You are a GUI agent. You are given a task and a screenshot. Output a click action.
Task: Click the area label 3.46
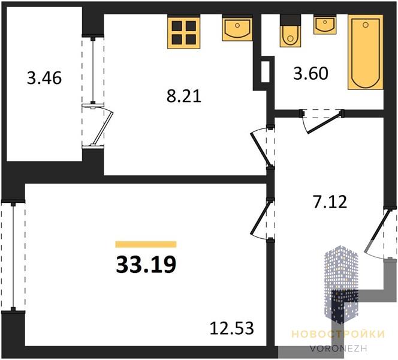[44, 78]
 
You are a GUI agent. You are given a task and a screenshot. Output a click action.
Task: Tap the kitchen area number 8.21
[184, 96]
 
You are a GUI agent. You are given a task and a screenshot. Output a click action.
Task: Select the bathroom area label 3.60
[311, 73]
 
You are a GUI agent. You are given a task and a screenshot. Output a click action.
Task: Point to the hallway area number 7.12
[330, 202]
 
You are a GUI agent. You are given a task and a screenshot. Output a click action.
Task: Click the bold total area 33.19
[146, 265]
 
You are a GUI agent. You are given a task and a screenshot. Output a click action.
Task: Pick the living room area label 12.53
[232, 328]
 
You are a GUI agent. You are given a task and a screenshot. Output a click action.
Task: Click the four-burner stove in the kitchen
[184, 32]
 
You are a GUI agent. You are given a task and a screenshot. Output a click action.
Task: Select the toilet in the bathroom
[290, 31]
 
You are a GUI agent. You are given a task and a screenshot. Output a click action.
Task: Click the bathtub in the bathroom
[366, 52]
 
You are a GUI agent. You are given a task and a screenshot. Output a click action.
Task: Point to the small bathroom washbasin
[325, 25]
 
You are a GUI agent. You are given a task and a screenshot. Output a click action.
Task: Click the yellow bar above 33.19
[146, 244]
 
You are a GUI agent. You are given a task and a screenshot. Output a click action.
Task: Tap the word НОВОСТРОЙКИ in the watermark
[338, 334]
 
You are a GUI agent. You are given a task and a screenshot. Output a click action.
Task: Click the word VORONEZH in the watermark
[338, 348]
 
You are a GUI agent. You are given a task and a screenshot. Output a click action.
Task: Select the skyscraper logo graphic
[342, 284]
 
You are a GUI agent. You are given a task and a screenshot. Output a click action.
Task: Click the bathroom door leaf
[324, 124]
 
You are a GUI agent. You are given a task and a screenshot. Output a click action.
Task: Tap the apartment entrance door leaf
[377, 231]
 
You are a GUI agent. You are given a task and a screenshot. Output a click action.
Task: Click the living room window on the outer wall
[13, 257]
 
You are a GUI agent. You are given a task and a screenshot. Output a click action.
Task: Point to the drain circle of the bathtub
[366, 25]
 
